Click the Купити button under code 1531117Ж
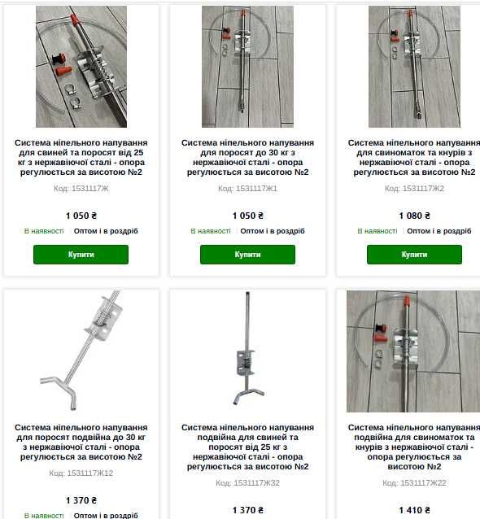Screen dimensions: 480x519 (81, 255)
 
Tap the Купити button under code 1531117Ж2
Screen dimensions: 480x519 (414, 255)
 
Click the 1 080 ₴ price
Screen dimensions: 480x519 (414, 216)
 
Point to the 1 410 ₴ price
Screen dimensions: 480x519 (414, 510)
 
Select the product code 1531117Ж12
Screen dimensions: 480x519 (81, 473)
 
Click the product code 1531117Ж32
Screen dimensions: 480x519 (247, 483)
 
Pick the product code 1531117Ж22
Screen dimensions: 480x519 (414, 483)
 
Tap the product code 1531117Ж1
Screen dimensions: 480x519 (247, 189)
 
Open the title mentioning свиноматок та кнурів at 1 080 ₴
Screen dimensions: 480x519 (414, 158)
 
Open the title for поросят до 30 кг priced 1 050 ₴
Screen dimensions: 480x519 (247, 158)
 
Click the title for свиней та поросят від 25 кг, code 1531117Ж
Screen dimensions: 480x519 (81, 158)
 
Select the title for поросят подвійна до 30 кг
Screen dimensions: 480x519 (81, 443)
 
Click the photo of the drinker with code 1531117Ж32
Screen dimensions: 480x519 (247, 349)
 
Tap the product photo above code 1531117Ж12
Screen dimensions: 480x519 (81, 351)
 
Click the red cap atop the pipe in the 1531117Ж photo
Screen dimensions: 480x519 (75, 20)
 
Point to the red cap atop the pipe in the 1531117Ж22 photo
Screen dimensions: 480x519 (407, 301)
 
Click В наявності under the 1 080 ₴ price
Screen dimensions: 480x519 (377, 231)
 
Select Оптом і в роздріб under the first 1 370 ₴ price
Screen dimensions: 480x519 (106, 516)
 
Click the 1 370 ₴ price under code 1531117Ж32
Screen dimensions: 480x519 (247, 510)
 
